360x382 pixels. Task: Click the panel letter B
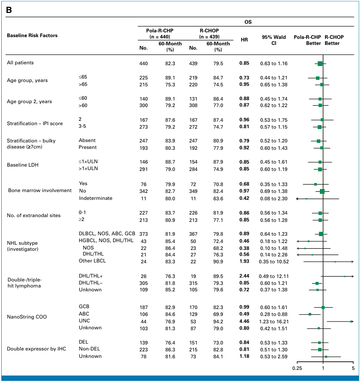(x=9, y=10)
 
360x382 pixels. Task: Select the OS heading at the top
(x=248, y=22)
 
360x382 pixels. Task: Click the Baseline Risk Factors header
(x=32, y=35)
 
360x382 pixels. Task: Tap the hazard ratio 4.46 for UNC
(x=244, y=321)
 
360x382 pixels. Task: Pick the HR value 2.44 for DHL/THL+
(x=244, y=276)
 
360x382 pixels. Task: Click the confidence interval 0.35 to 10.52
(x=274, y=262)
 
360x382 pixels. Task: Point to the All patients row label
(x=20, y=63)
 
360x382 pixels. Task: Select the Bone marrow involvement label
(x=40, y=190)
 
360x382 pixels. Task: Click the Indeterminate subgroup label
(x=95, y=198)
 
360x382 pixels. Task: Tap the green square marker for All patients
(x=320, y=63)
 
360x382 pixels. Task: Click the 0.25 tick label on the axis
(x=297, y=368)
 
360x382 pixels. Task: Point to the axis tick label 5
(x=353, y=368)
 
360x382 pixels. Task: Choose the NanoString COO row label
(x=27, y=317)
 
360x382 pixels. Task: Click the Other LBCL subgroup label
(x=92, y=261)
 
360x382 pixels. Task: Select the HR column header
(x=244, y=39)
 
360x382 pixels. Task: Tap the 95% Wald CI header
(x=274, y=40)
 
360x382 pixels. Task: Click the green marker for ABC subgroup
(x=310, y=314)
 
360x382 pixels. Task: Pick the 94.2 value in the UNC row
(x=218, y=322)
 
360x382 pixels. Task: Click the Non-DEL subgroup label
(x=89, y=349)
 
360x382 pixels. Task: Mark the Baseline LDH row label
(x=22, y=165)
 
